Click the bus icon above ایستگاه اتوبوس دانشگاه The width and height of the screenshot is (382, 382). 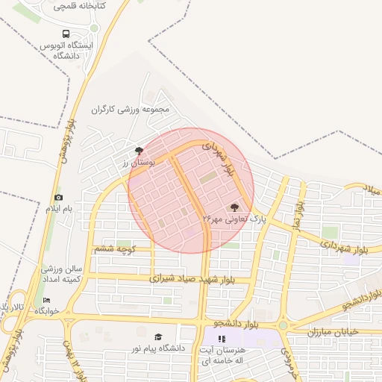point(66,34)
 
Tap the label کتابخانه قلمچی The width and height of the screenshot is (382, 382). point(80,6)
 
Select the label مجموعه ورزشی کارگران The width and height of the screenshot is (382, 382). point(131,109)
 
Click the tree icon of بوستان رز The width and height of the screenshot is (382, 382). point(139,150)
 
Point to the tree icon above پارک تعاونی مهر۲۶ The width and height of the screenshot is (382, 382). point(235,207)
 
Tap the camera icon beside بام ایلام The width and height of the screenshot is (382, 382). point(58,197)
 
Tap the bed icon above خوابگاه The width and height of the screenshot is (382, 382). point(47,300)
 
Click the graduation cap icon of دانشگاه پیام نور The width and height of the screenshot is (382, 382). point(157,336)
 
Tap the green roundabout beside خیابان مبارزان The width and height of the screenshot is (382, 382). point(283,325)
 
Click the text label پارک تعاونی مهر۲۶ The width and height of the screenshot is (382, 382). point(234,219)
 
